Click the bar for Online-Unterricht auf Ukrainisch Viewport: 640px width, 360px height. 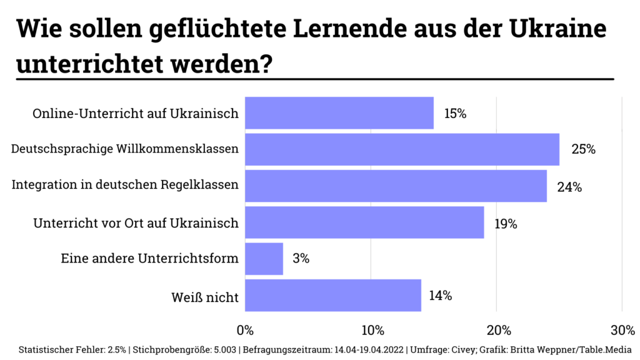point(339,113)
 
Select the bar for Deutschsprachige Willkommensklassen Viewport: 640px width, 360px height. point(402,149)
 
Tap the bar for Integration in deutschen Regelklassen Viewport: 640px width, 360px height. point(396,186)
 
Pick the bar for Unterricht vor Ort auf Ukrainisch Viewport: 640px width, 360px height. point(364,222)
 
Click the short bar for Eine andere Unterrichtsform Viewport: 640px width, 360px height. point(264,258)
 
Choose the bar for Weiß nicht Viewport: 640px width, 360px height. point(332,295)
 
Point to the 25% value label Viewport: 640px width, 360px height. point(582,150)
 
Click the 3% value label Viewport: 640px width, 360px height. point(301,259)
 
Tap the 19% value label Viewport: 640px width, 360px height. point(506,223)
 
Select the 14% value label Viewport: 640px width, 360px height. point(441,296)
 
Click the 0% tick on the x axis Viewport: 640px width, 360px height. point(245,329)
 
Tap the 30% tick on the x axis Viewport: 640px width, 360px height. point(621,329)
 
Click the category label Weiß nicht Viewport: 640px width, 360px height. point(205,297)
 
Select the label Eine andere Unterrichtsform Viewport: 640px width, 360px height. point(149,259)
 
